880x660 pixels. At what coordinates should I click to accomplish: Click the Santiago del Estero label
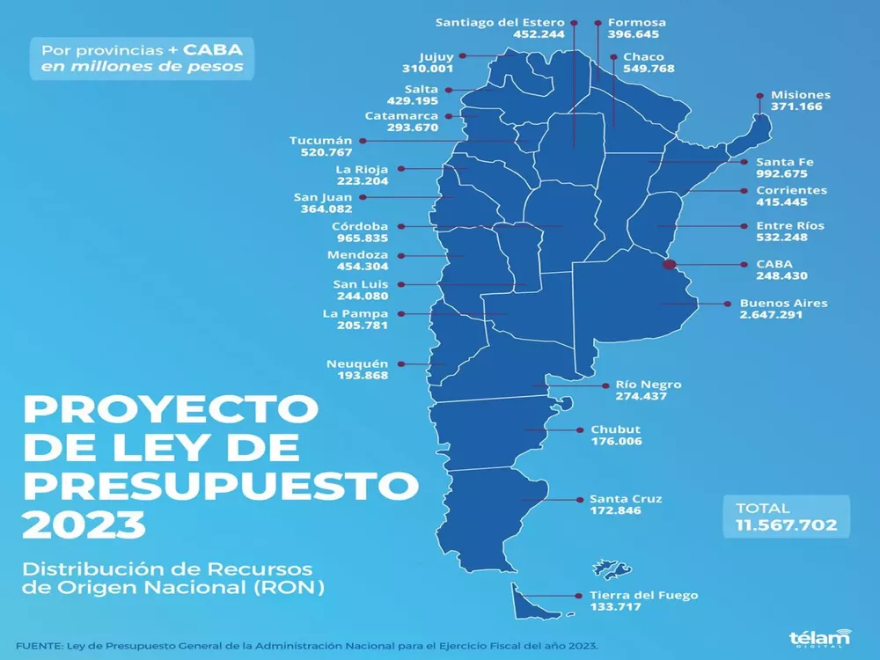(x=500, y=22)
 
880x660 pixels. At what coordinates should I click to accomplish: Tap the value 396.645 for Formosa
(x=631, y=36)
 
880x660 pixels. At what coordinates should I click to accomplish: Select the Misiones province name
(x=800, y=95)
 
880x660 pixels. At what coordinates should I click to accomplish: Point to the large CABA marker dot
(x=669, y=263)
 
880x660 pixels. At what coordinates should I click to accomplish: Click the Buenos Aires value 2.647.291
(x=771, y=315)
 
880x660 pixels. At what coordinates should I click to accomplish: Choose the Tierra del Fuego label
(x=631, y=596)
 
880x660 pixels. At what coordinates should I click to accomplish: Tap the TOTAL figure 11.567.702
(x=787, y=525)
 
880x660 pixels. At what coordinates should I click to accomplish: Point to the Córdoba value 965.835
(x=361, y=238)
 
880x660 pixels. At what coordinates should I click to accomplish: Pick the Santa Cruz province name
(x=626, y=499)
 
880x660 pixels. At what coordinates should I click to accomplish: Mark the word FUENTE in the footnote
(x=39, y=645)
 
